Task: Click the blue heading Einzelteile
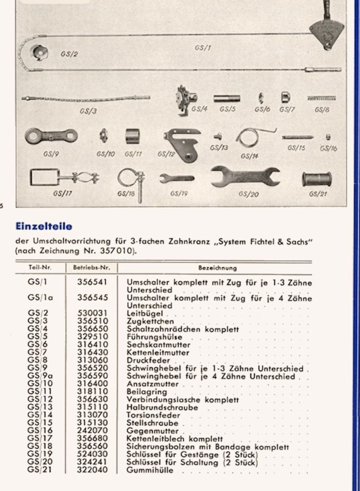pyautogui.click(x=44, y=226)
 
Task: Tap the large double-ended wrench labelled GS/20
pyautogui.click(x=245, y=177)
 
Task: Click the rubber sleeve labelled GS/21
pyautogui.click(x=316, y=180)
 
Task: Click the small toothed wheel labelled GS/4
pyautogui.click(x=185, y=100)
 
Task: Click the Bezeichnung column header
pyautogui.click(x=217, y=268)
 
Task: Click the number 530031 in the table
pyautogui.click(x=92, y=313)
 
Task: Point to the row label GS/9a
pyautogui.click(x=40, y=376)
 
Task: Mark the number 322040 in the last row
pyautogui.click(x=92, y=470)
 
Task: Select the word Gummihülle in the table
pyautogui.click(x=150, y=470)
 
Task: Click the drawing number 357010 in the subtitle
pyautogui.click(x=116, y=251)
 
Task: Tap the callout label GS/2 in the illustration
pyautogui.click(x=69, y=54)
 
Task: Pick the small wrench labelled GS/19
pyautogui.click(x=177, y=178)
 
